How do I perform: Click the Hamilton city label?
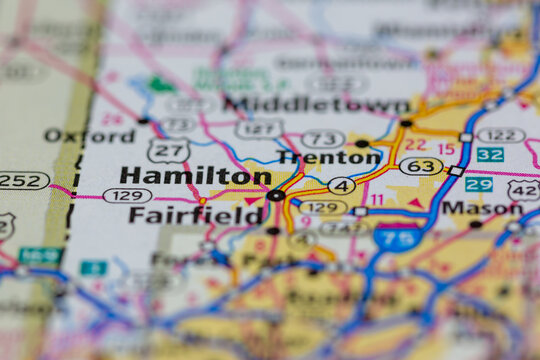pyautogui.click(x=195, y=175)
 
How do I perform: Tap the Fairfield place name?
pyautogui.click(x=196, y=215)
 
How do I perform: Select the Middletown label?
pyautogui.click(x=316, y=104)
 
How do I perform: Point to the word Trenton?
pyautogui.click(x=330, y=157)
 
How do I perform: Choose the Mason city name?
pyautogui.click(x=482, y=208)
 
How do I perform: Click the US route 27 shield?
pyautogui.click(x=168, y=151)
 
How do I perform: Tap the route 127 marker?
pyautogui.click(x=259, y=128)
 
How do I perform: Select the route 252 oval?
pyautogui.click(x=22, y=180)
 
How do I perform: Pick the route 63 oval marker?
pyautogui.click(x=421, y=165)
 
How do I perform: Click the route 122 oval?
pyautogui.click(x=500, y=135)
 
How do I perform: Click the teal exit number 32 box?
pyautogui.click(x=490, y=154)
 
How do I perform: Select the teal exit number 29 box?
pyautogui.click(x=479, y=184)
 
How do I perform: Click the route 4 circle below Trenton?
pyautogui.click(x=341, y=185)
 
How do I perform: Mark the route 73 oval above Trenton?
pyautogui.click(x=323, y=138)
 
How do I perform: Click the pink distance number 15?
pyautogui.click(x=446, y=149)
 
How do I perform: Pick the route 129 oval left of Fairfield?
pyautogui.click(x=127, y=195)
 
